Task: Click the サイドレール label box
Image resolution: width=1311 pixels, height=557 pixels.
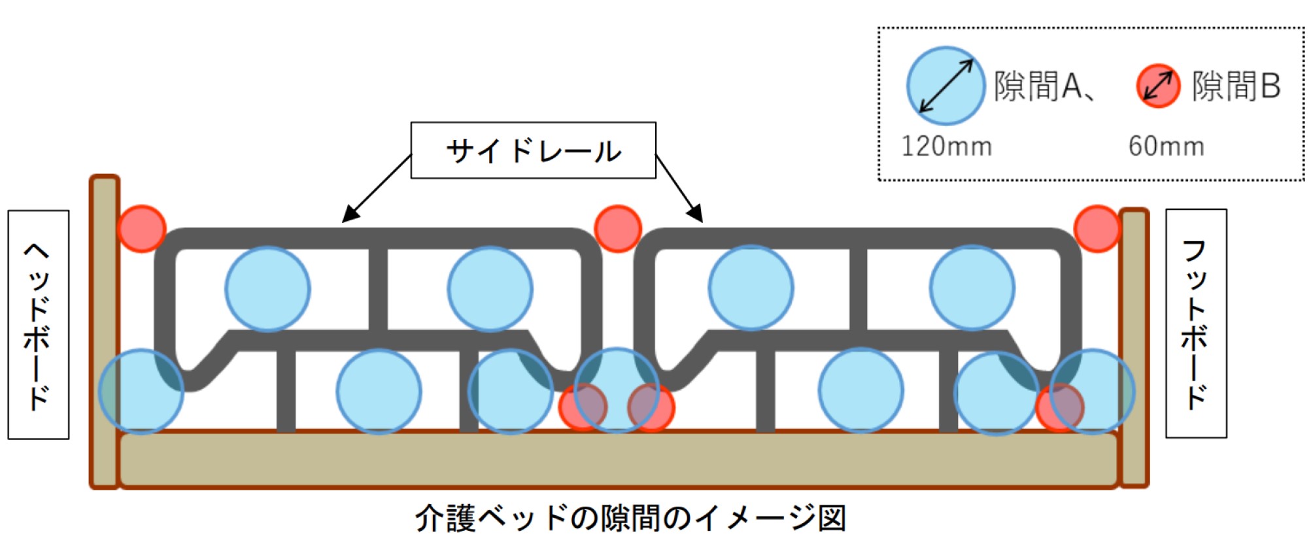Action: (533, 150)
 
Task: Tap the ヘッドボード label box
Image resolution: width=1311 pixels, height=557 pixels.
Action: (39, 324)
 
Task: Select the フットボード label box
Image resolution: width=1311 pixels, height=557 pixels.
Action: (1196, 324)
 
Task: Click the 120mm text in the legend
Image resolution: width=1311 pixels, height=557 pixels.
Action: (946, 146)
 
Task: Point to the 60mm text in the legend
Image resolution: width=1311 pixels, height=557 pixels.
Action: (1166, 146)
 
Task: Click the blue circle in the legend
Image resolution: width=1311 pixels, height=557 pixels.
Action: (945, 86)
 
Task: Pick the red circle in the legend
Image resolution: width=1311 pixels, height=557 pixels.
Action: (1158, 86)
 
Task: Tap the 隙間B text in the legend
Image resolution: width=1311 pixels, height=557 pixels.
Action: (1236, 86)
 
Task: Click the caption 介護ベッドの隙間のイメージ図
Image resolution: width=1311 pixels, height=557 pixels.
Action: (630, 518)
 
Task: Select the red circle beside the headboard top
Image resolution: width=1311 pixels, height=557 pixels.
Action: (142, 229)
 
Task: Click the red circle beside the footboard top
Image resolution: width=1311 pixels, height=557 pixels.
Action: (1097, 229)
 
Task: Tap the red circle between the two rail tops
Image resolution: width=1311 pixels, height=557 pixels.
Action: (618, 229)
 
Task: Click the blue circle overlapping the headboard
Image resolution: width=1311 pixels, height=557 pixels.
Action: (141, 392)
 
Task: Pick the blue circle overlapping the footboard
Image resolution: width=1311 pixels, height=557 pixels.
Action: (1093, 392)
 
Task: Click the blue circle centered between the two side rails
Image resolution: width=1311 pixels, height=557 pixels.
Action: (617, 390)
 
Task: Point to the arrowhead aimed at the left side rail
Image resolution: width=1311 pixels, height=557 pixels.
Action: (350, 214)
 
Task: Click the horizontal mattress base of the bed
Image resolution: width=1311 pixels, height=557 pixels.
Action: (618, 460)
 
